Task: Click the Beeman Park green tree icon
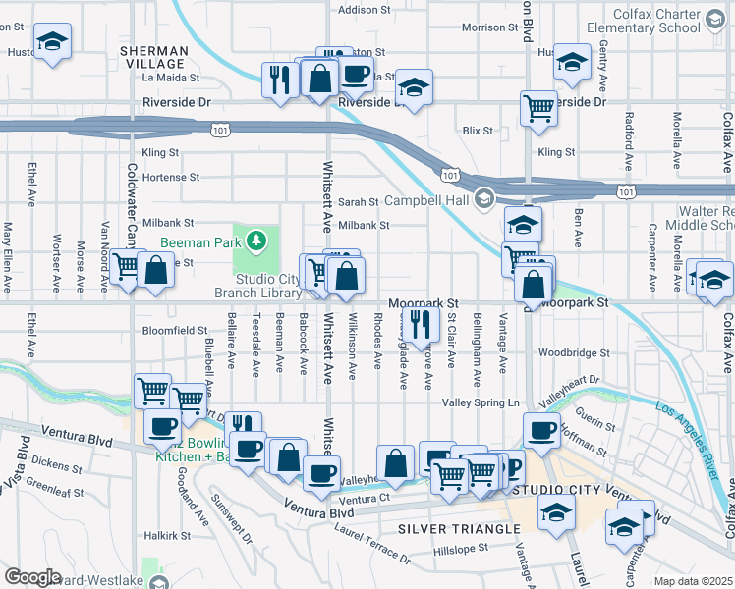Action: coord(256,240)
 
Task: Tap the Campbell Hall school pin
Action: coord(483,200)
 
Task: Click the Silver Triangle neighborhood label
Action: coord(459,529)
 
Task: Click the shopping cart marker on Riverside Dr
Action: coord(537,108)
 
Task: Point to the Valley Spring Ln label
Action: coord(481,402)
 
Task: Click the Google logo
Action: coord(32,577)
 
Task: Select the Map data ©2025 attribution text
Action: coord(693,581)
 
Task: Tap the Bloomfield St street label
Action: coord(175,331)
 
